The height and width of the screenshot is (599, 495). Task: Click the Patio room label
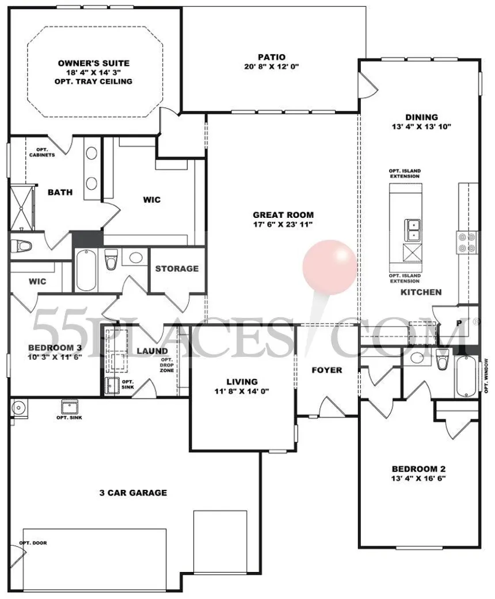coord(271,57)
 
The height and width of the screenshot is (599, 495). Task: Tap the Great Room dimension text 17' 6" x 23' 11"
coord(283,224)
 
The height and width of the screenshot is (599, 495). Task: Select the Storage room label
coord(177,268)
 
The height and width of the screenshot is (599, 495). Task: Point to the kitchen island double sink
coord(413,230)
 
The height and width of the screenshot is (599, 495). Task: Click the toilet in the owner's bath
coord(20,247)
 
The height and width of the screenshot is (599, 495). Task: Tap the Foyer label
coord(327,370)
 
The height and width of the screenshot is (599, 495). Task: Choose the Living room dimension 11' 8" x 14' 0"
coord(242,391)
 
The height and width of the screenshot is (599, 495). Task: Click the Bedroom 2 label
coord(418,469)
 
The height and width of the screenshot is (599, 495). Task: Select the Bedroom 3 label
coord(55,348)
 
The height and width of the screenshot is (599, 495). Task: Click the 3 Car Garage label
coord(133,493)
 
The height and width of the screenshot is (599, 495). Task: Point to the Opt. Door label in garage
coord(33,543)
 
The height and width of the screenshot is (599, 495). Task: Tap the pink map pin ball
coord(330,267)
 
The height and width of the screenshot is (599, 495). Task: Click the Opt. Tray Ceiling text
coord(93,82)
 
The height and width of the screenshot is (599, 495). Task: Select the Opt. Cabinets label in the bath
coord(42,152)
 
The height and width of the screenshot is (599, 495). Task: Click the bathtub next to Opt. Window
coord(466,377)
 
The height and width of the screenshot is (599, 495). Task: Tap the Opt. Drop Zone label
coord(167,365)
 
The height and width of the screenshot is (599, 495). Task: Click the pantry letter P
coord(459,323)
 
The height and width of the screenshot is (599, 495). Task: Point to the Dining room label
coord(421,117)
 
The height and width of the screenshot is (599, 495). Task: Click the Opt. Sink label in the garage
coord(69,417)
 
